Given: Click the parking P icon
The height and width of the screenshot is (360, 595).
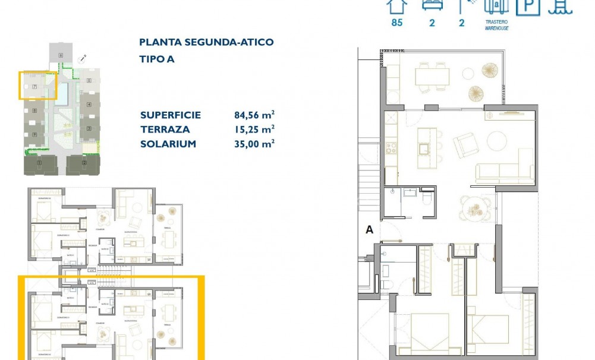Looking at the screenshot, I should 527,7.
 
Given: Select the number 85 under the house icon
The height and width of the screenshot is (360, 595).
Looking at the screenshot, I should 396,23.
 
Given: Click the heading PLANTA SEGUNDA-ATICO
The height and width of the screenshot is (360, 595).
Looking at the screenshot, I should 206,42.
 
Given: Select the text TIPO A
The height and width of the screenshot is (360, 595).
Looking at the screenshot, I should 157,59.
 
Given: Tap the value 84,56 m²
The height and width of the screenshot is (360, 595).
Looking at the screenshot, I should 254,115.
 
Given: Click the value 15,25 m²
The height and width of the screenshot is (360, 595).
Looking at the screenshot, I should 254,130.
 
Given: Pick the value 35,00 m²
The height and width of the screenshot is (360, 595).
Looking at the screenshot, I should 254,144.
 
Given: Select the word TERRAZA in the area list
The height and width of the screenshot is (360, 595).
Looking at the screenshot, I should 165,130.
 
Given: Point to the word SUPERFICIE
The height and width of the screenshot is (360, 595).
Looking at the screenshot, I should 171,115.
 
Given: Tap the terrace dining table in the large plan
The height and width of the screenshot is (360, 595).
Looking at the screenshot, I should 432,76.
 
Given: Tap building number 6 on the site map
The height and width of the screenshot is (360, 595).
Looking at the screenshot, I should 61,55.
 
